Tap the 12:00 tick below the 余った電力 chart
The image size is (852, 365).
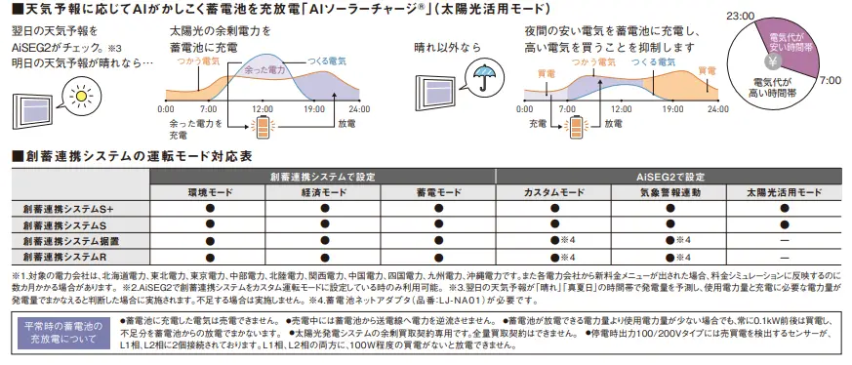262,108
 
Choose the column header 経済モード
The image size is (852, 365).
321,191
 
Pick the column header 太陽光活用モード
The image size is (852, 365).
784,191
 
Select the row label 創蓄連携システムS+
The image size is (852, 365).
68,208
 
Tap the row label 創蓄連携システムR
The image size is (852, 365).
64,256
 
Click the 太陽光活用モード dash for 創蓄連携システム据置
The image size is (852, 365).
784,240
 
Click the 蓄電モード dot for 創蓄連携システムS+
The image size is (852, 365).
437,208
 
